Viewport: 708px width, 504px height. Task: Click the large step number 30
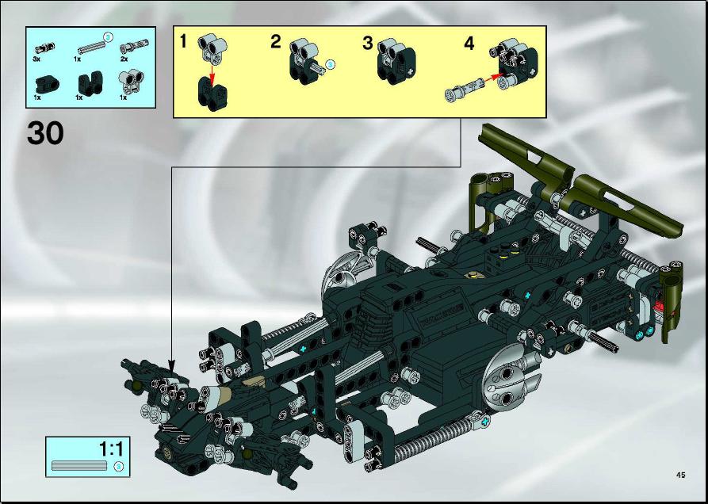[x=45, y=134]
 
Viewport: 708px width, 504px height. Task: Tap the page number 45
[x=680, y=475]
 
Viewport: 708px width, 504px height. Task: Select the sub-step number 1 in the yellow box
[x=183, y=41]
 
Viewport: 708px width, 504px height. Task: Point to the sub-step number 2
[x=276, y=41]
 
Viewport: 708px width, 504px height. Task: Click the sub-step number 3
[x=368, y=44]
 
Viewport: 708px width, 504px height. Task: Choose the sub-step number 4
[x=469, y=44]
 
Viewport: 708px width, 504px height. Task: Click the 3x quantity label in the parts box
[x=36, y=59]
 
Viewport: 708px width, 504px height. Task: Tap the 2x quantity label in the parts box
[x=124, y=59]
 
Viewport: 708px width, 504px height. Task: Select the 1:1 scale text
[x=111, y=449]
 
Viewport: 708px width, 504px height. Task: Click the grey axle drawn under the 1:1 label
[x=79, y=466]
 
